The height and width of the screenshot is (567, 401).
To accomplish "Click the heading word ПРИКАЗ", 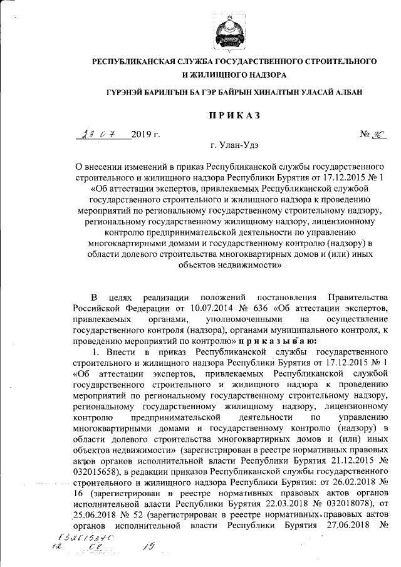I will tap(234, 115).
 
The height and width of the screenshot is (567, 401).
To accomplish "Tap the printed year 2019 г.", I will tap(147, 135).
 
